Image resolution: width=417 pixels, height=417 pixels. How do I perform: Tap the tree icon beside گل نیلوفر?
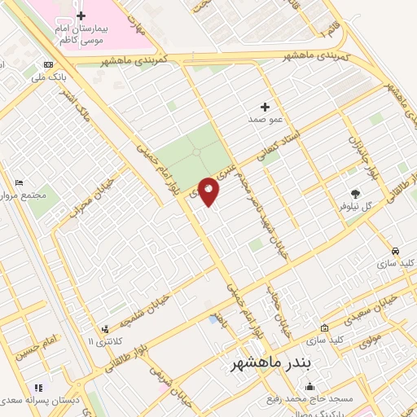356,193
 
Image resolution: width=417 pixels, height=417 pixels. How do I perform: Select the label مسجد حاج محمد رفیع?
307,400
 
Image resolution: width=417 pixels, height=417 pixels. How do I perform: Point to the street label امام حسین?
41,345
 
